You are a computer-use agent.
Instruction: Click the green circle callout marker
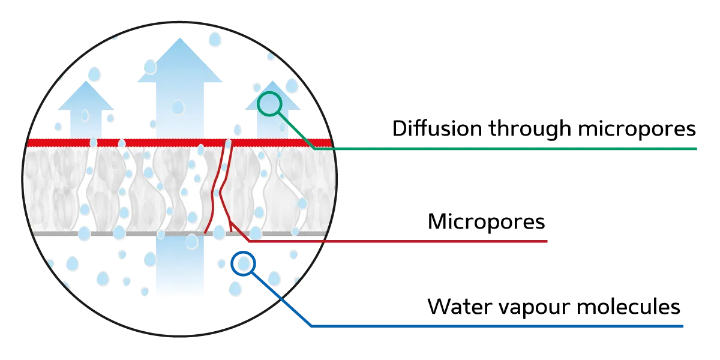[269, 103]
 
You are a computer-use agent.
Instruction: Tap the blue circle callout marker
[244, 263]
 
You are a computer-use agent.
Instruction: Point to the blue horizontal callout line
[498, 326]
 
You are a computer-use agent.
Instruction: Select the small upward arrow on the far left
[86, 108]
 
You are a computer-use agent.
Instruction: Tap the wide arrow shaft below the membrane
[179, 270]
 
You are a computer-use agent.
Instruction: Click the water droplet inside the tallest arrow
[178, 107]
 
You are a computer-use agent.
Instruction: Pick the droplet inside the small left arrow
[85, 115]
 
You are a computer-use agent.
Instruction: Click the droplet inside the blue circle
[244, 263]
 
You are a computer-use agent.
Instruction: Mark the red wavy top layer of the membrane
[150, 142]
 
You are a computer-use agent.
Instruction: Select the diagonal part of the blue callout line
[282, 300]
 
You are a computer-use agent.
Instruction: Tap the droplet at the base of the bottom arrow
[191, 241]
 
